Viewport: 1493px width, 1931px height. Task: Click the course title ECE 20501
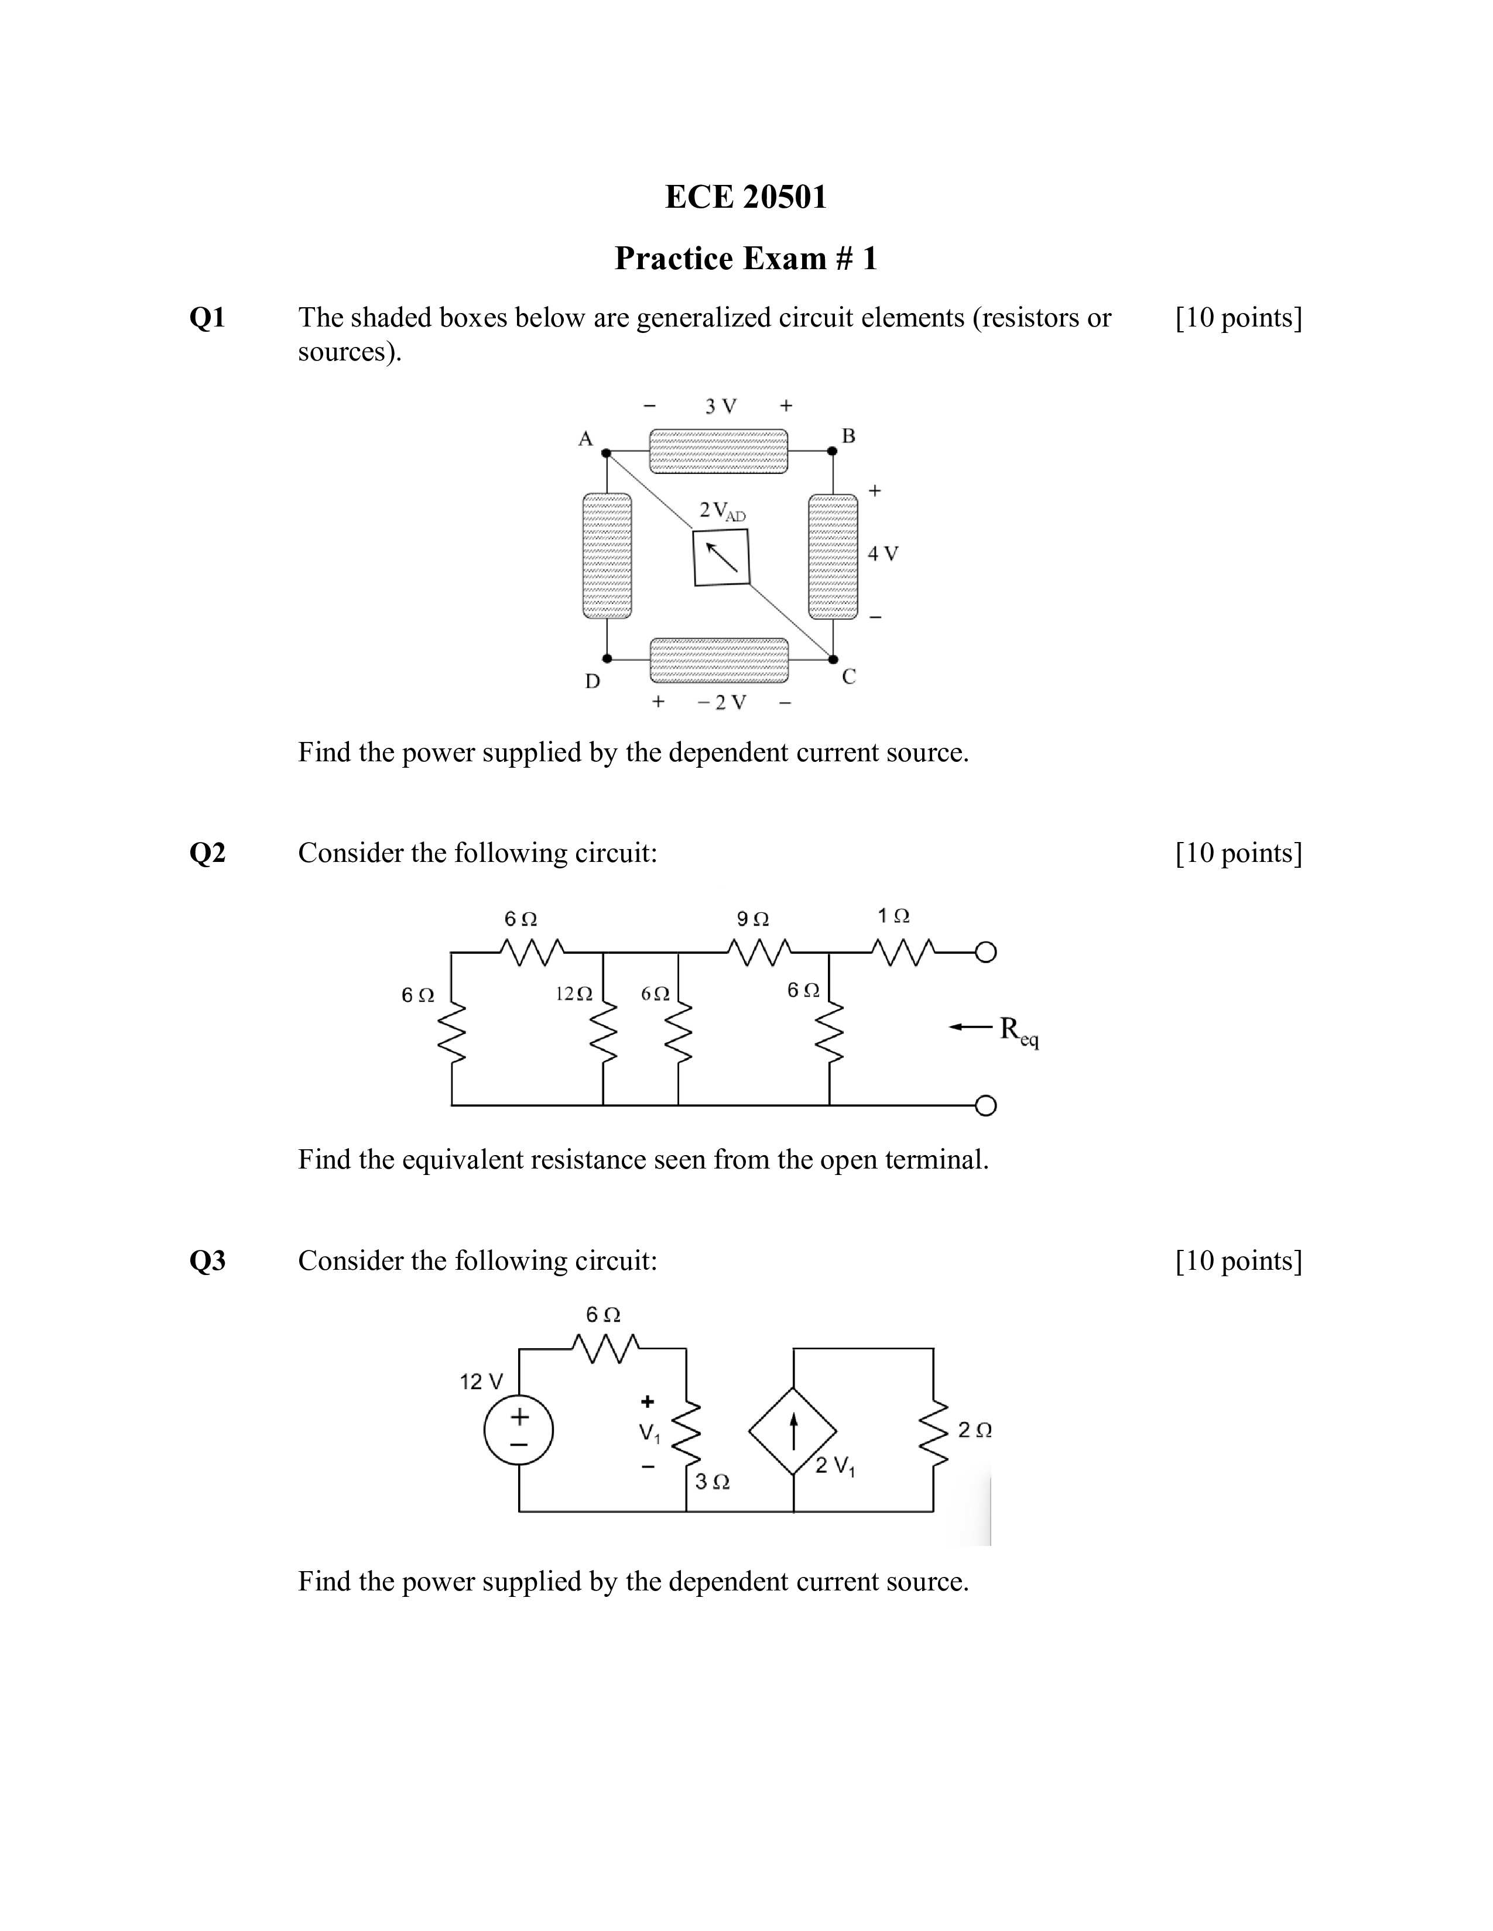745,196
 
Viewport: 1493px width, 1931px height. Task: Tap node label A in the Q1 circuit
585,438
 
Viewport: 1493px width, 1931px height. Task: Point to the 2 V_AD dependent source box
721,557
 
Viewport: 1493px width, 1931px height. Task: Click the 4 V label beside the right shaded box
883,554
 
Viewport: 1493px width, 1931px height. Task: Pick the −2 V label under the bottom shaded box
722,702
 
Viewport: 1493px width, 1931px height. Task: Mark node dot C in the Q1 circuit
833,659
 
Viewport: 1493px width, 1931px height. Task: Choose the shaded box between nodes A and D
607,556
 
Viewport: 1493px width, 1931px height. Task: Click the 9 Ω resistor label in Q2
753,919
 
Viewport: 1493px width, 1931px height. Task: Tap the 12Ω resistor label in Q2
573,994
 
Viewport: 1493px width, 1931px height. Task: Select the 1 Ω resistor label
893,915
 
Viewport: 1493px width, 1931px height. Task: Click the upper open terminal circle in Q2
985,952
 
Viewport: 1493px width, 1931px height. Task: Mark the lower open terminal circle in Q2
985,1106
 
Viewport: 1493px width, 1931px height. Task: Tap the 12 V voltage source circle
518,1430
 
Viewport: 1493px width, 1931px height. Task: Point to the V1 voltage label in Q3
649,1433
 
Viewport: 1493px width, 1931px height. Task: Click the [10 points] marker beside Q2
1238,853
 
